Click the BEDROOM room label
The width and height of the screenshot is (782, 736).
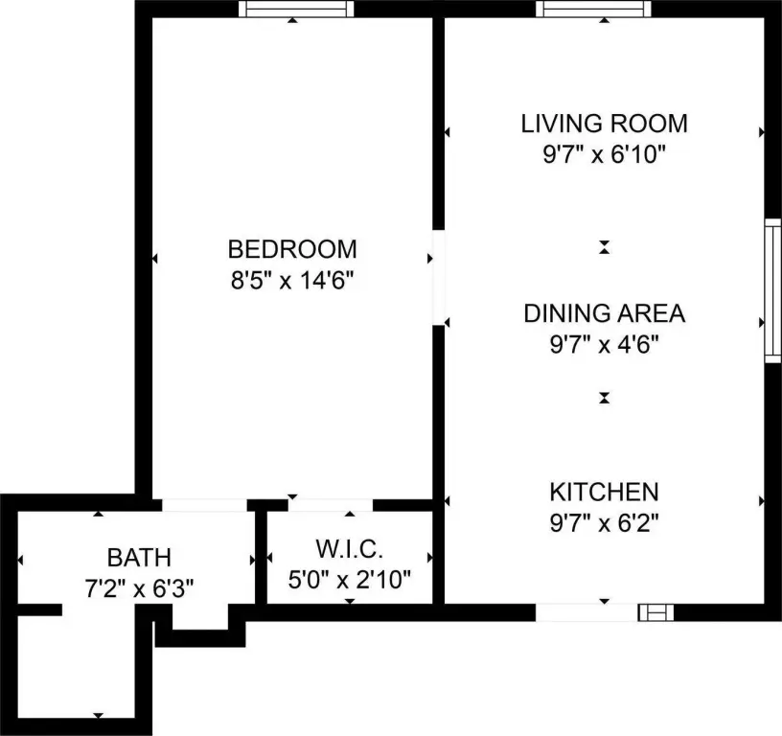click(292, 249)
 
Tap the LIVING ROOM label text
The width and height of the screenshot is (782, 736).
click(605, 124)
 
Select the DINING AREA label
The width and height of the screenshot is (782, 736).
click(605, 313)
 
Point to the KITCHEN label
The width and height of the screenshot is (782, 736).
click(605, 493)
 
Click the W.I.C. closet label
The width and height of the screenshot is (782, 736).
click(350, 549)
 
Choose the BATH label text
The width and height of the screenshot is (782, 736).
click(139, 558)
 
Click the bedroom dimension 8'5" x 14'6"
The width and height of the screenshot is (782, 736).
click(292, 280)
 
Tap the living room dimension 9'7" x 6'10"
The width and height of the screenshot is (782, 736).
click(605, 154)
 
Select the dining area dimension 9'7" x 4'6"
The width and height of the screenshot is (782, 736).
click(605, 344)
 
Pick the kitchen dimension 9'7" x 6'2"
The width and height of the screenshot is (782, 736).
click(605, 523)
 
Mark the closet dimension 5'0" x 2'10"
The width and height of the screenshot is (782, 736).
click(350, 580)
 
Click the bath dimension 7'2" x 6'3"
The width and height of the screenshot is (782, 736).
click(139, 588)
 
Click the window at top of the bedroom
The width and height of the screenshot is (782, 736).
click(296, 9)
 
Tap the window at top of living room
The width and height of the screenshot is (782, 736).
click(593, 9)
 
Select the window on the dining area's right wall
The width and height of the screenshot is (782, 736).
click(773, 290)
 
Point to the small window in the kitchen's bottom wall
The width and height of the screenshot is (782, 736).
click(655, 612)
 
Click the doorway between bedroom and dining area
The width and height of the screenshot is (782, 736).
click(438, 277)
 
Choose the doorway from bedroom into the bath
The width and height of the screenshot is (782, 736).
click(204, 505)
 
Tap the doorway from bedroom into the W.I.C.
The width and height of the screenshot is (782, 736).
click(331, 505)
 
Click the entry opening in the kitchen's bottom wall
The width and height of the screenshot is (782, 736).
click(587, 612)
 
